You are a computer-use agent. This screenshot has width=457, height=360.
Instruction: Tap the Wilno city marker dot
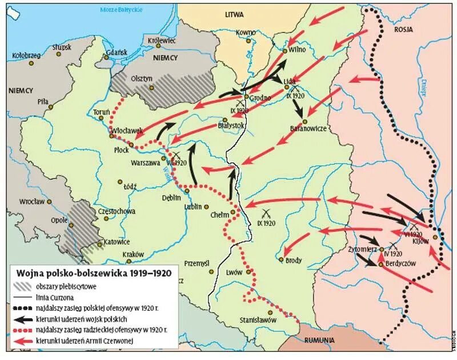pos(285,51)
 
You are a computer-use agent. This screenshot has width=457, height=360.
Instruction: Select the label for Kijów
pos(420,241)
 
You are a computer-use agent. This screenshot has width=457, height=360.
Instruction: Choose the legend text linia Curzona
pos(67,297)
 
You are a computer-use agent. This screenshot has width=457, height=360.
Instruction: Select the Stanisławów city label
pos(257,321)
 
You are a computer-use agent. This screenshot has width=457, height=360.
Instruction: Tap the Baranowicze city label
pos(308,129)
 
